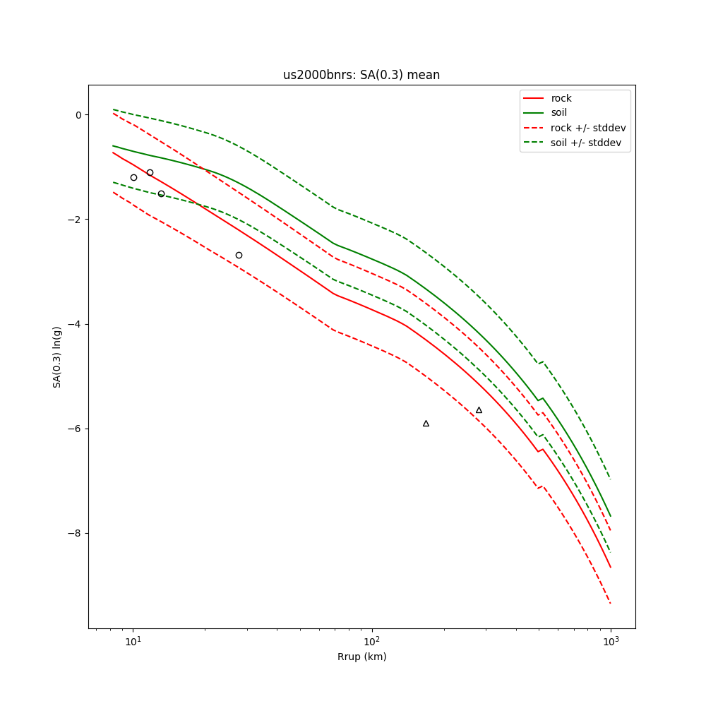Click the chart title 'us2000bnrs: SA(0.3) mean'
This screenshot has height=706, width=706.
[x=361, y=75]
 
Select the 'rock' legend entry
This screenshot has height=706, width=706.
[x=561, y=98]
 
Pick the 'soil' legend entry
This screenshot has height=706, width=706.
[x=559, y=112]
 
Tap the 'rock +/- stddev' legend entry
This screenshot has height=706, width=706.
[x=588, y=128]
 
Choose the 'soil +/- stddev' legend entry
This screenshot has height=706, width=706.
[x=588, y=143]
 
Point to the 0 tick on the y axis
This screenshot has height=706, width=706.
[x=78, y=114]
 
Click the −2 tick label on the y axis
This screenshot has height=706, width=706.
[x=76, y=219]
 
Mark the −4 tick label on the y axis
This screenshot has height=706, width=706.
[x=76, y=324]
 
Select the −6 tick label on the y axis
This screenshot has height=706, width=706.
[x=76, y=429]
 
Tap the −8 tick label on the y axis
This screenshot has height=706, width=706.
[x=76, y=533]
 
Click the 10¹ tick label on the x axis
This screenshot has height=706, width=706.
[x=133, y=641]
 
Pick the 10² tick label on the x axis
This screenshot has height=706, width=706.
[x=371, y=641]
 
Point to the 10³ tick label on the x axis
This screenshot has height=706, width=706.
[x=611, y=641]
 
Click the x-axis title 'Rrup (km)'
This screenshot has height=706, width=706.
[x=361, y=657]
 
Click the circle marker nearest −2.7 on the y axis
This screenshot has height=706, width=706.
[x=239, y=255]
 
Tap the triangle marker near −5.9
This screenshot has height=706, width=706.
[x=426, y=424]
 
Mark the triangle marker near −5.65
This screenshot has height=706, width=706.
[x=479, y=410]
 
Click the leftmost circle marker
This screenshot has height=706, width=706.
[x=133, y=177]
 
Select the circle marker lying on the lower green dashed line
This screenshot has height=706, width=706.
[x=161, y=193]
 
